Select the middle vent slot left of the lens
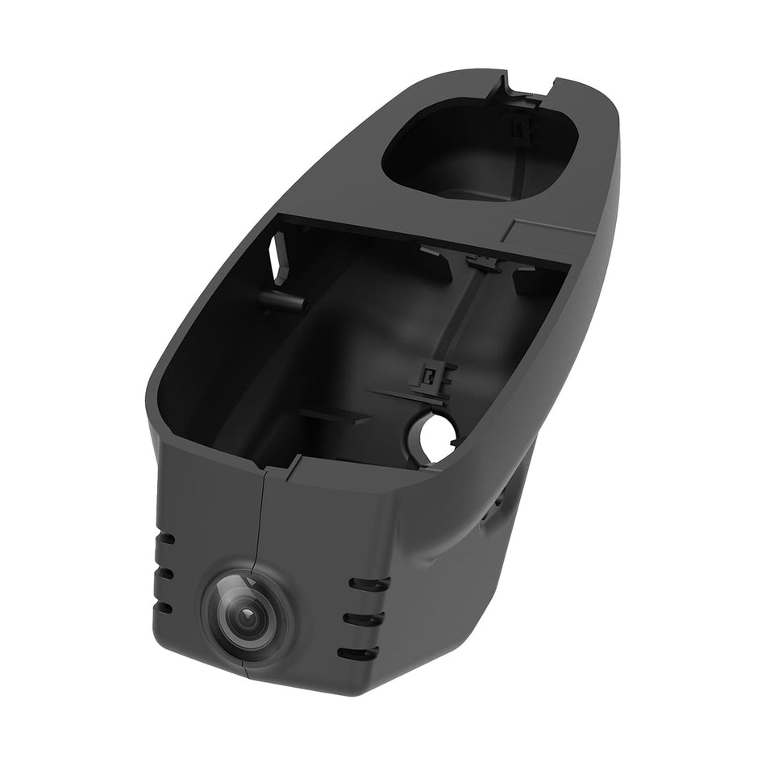tap(165, 572)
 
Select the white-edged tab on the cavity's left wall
tap(281, 256)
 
